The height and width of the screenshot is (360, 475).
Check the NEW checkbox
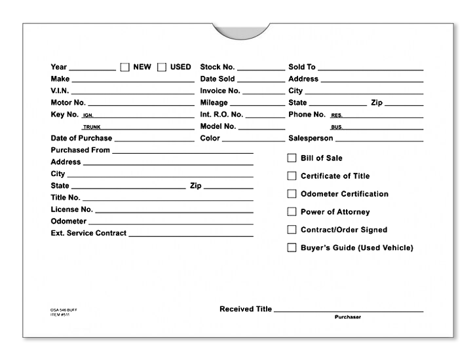(124, 67)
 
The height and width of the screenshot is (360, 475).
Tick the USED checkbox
(162, 67)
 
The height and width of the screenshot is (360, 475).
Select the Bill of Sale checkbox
(292, 158)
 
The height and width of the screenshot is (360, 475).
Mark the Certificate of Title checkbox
(292, 176)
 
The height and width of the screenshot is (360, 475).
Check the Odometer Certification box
(292, 194)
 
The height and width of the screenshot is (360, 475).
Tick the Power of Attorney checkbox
(292, 212)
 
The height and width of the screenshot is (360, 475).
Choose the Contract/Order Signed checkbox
(292, 230)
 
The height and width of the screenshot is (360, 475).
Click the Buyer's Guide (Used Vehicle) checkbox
(292, 248)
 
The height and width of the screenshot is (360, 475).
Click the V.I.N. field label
(60, 91)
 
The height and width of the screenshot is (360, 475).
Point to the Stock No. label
(218, 67)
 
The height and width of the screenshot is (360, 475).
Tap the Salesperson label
(311, 139)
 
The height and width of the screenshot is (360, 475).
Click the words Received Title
(246, 309)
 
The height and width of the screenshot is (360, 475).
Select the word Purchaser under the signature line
(347, 317)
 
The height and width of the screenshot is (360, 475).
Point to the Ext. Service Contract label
(88, 234)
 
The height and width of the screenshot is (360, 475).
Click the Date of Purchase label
(81, 139)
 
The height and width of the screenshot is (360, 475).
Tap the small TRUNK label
(90, 127)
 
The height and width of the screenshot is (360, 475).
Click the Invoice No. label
(220, 91)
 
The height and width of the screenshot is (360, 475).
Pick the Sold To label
(302, 67)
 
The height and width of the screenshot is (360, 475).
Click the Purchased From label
(80, 151)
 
